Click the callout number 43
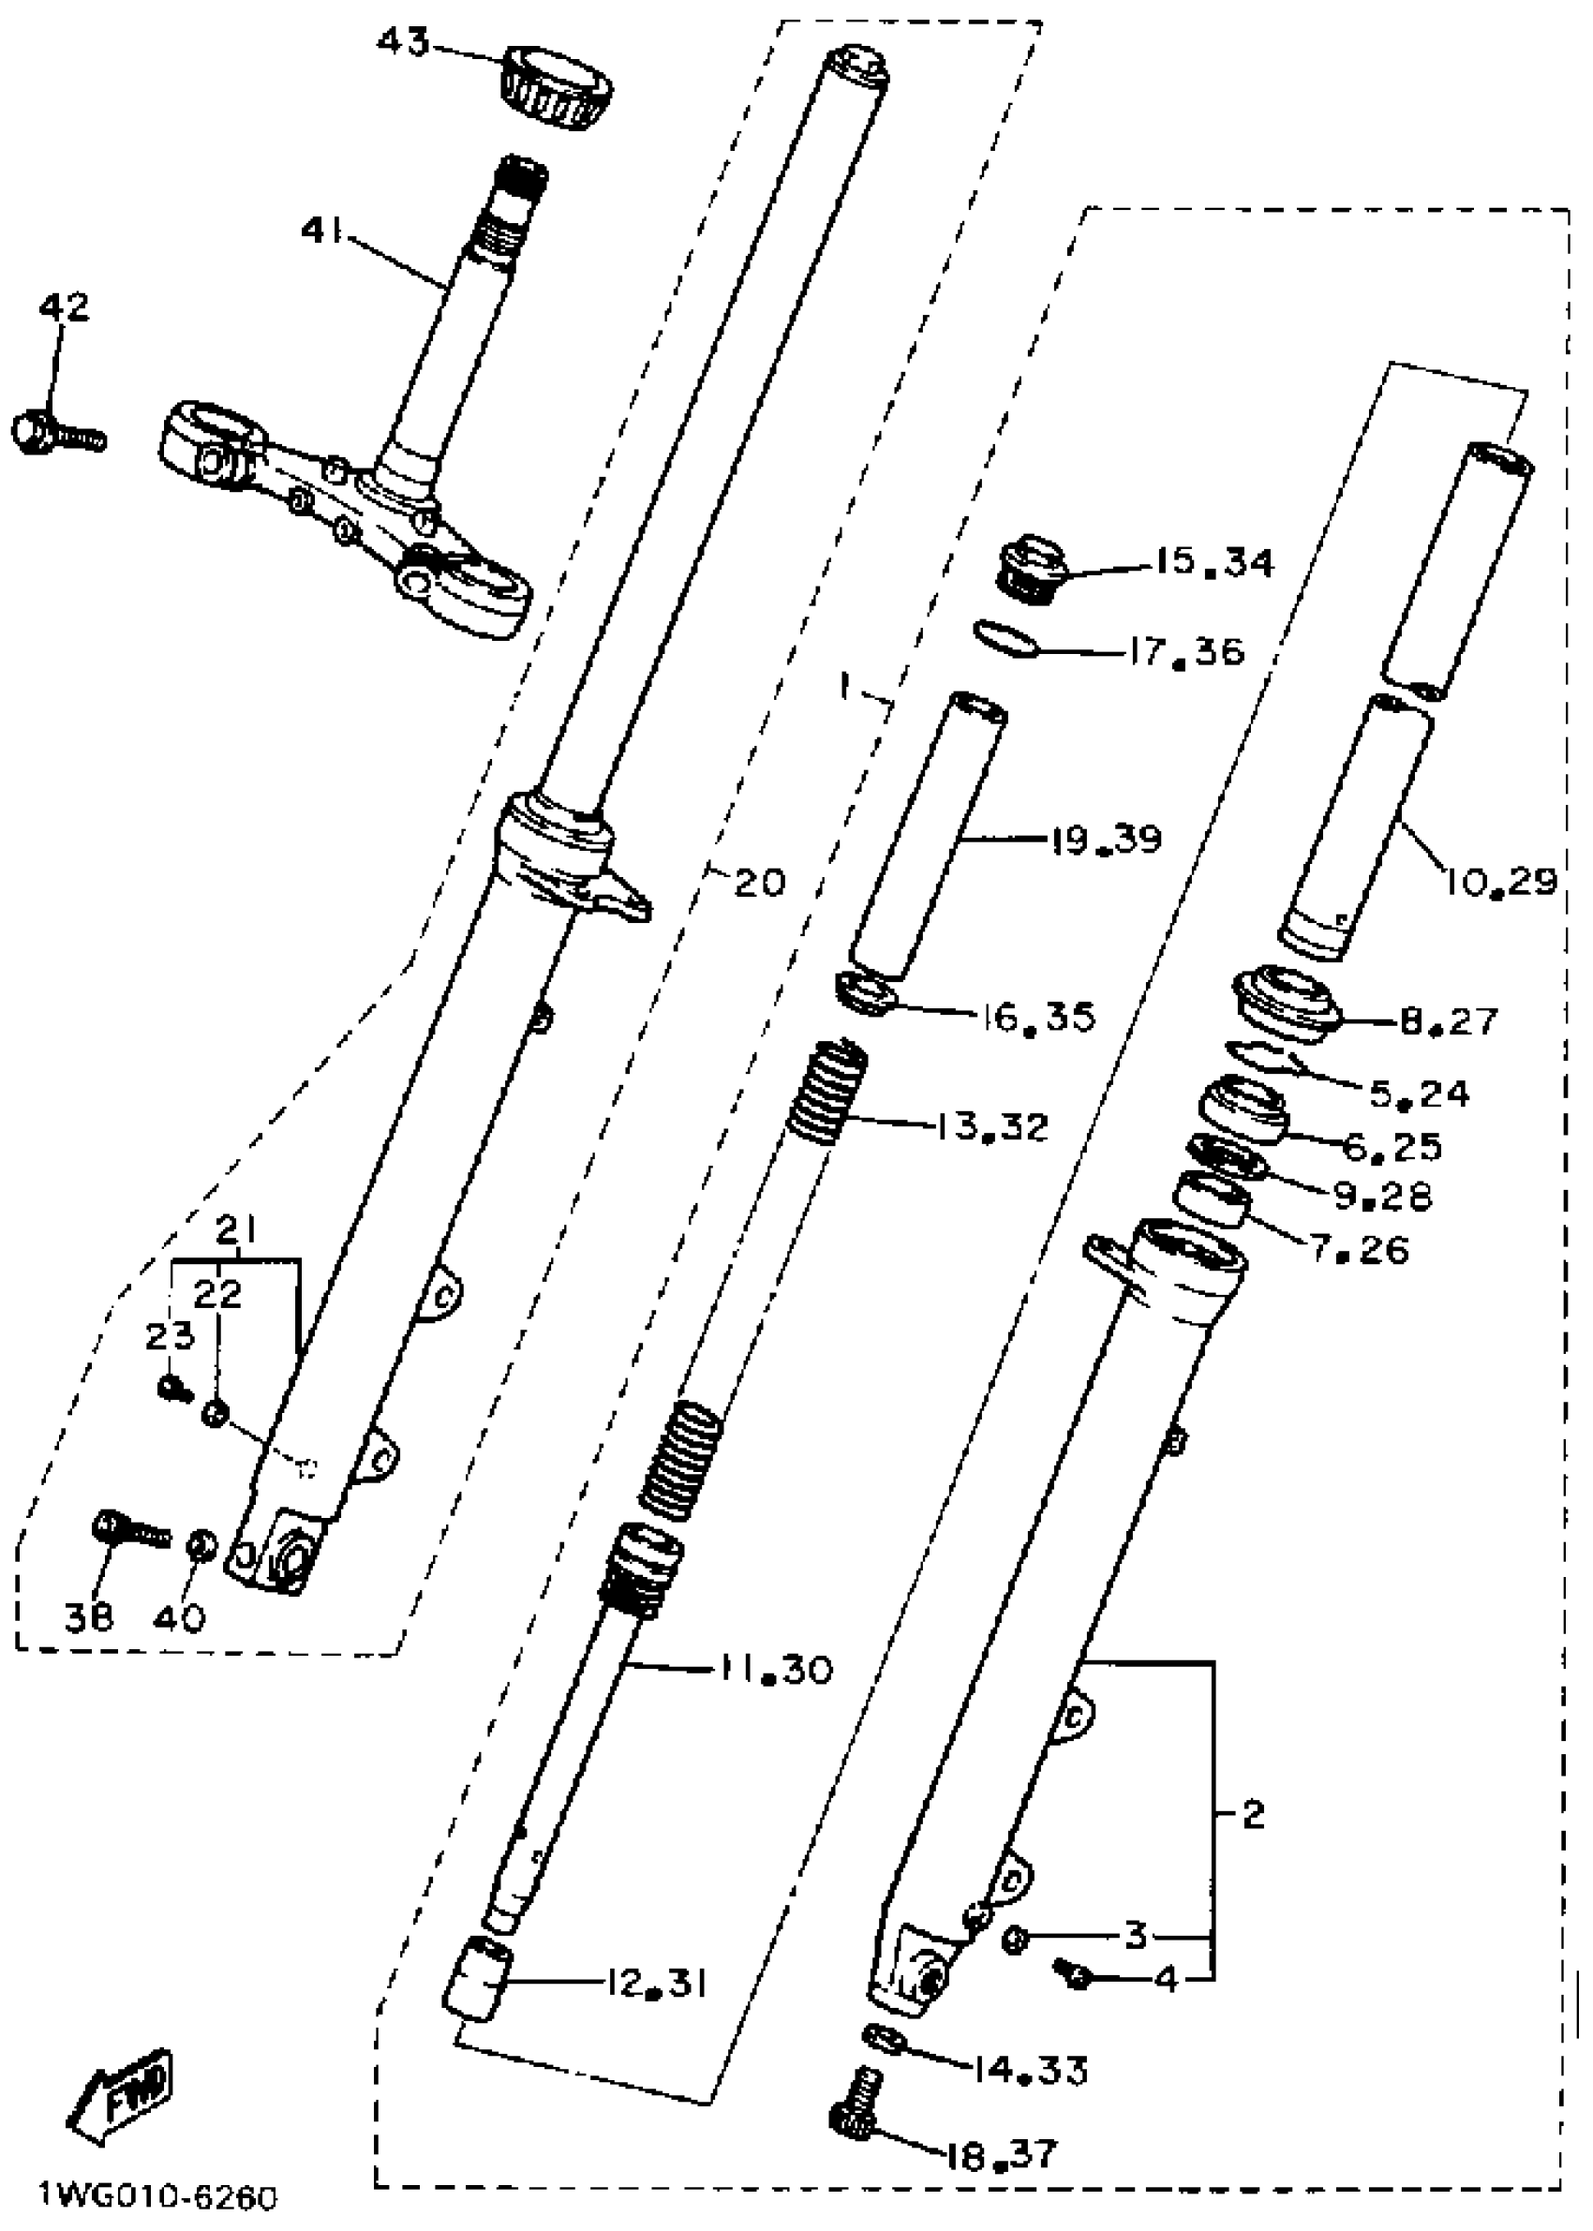tap(404, 44)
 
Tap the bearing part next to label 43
tap(557, 86)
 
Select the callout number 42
tap(64, 307)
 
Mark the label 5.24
tap(1419, 1093)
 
